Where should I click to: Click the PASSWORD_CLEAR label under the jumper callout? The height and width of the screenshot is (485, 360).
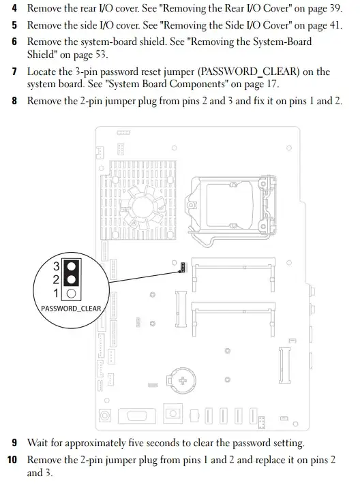pyautogui.click(x=71, y=309)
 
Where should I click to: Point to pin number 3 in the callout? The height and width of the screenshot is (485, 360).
pyautogui.click(x=57, y=265)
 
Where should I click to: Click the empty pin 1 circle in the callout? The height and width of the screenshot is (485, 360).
pyautogui.click(x=71, y=294)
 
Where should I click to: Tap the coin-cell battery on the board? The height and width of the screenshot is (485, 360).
pyautogui.click(x=184, y=378)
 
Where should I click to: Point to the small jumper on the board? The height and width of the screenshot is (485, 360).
pyautogui.click(x=182, y=267)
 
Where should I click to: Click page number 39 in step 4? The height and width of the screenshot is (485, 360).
pyautogui.click(x=333, y=10)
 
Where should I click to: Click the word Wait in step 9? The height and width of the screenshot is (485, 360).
pyautogui.click(x=38, y=443)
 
